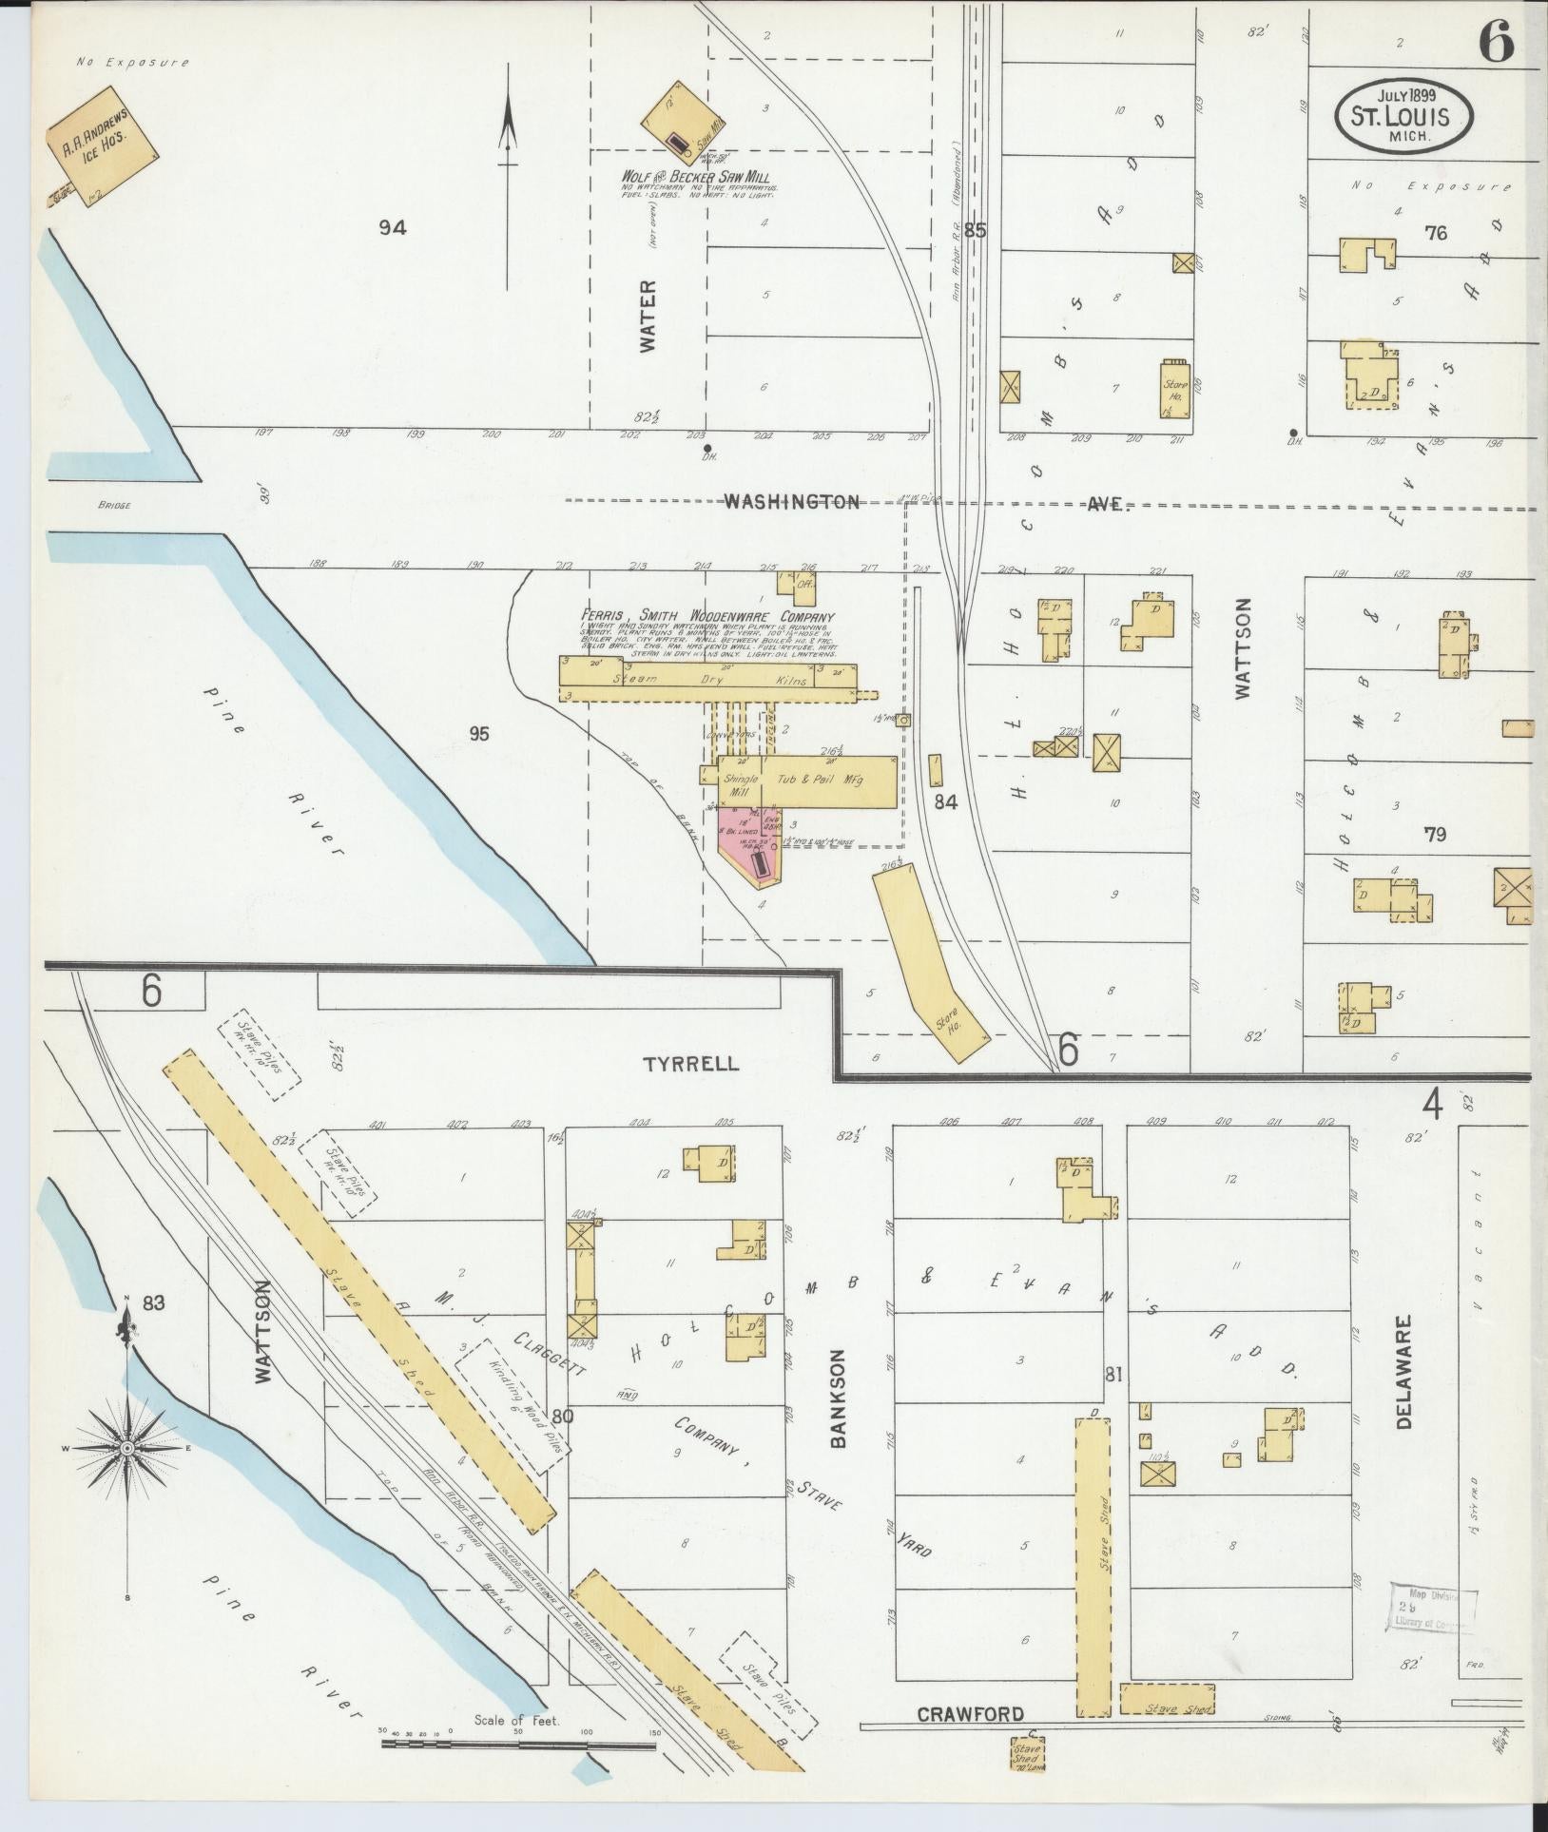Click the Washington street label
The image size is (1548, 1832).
pyautogui.click(x=792, y=501)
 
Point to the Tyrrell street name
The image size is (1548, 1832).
pyautogui.click(x=691, y=1064)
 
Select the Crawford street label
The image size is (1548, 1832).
pyautogui.click(x=970, y=1714)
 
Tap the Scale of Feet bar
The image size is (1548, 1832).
pyautogui.click(x=518, y=1745)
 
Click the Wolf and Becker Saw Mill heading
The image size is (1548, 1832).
pyautogui.click(x=695, y=178)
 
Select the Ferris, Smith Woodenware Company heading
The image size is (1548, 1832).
pyautogui.click(x=708, y=617)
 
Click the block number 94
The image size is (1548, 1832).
pyautogui.click(x=392, y=227)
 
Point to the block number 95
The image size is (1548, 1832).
pyautogui.click(x=478, y=733)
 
